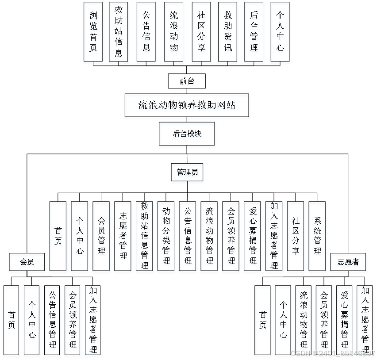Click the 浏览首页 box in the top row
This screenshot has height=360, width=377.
[x=93, y=31]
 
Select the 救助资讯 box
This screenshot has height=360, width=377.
[x=227, y=31]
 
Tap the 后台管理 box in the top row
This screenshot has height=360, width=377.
[x=254, y=31]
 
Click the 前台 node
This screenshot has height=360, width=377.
[x=187, y=81]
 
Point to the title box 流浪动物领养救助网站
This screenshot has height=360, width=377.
[x=187, y=105]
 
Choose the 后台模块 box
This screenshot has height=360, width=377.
[x=187, y=134]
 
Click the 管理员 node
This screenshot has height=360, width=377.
[x=187, y=172]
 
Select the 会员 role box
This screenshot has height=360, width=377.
[x=27, y=262]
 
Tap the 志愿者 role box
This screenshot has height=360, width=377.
[x=348, y=262]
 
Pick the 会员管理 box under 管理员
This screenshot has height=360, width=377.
[x=101, y=236]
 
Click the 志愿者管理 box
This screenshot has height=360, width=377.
[x=123, y=236]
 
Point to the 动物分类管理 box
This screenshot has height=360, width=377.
[x=166, y=236]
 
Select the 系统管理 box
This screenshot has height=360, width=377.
[x=317, y=236]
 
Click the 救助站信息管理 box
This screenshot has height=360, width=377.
[x=144, y=236]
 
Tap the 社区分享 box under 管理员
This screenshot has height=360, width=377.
[x=296, y=236]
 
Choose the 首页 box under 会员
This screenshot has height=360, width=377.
[x=12, y=320]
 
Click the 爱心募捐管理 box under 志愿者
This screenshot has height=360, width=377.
[x=344, y=320]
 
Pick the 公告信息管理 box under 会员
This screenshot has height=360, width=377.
[x=52, y=320]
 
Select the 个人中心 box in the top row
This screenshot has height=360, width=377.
[x=280, y=31]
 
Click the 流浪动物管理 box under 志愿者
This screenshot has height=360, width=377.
[x=304, y=320]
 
